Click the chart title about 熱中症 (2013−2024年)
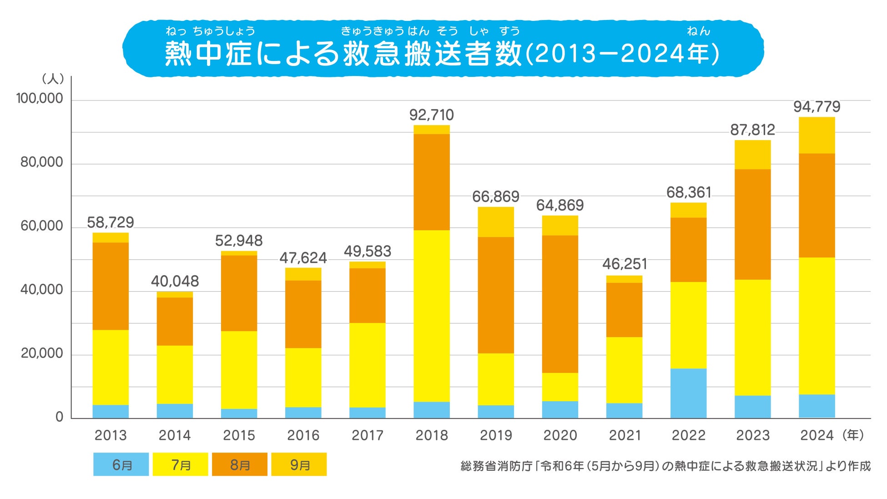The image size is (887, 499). click(x=442, y=52)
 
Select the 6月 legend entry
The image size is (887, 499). click(x=121, y=464)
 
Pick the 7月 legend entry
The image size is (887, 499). click(x=180, y=464)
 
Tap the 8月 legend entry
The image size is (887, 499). click(x=240, y=464)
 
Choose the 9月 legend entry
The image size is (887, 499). click(x=299, y=464)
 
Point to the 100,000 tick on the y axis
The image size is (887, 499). click(x=40, y=98)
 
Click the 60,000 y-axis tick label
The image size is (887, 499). click(x=42, y=226)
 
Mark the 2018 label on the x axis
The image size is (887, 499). click(x=432, y=435)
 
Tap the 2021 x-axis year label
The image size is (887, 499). click(x=625, y=435)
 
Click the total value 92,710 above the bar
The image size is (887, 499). click(x=431, y=115)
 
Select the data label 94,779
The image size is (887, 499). click(x=816, y=106)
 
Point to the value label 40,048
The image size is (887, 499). click(x=175, y=281)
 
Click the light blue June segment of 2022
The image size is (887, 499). click(x=688, y=393)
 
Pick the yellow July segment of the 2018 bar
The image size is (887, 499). click(x=431, y=316)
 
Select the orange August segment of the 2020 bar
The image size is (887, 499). click(x=560, y=304)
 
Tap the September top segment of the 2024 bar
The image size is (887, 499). click(x=816, y=135)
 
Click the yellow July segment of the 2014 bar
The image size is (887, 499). click(x=175, y=374)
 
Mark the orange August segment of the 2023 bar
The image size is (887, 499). click(x=752, y=224)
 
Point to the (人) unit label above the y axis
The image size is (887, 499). click(x=53, y=79)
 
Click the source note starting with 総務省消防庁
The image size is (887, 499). click(x=665, y=466)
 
